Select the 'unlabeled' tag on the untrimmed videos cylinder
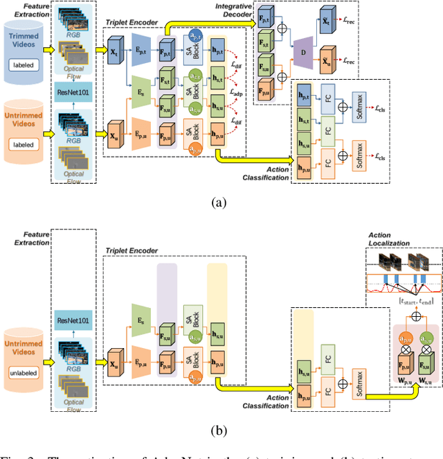24,371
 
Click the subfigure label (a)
219,203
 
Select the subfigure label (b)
219,430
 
